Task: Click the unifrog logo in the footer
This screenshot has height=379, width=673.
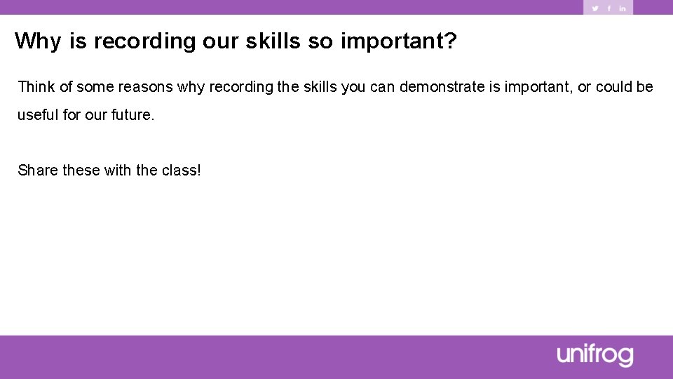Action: (595, 356)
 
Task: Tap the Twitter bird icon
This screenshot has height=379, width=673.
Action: (595, 8)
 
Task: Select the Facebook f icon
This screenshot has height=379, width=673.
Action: (609, 8)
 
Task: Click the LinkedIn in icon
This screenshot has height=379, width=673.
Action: (622, 8)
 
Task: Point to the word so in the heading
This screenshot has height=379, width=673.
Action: (320, 41)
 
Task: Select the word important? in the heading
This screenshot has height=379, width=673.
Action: (399, 41)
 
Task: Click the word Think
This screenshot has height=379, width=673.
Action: (36, 87)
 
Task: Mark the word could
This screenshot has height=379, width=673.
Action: (614, 87)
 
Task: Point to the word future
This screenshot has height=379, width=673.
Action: (132, 115)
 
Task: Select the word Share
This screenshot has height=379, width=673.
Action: (38, 171)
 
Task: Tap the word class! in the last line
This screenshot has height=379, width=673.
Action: (182, 171)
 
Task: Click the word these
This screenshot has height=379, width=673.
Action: (81, 171)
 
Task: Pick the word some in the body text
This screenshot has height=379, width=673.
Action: (95, 87)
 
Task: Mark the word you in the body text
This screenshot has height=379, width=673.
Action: (353, 88)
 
